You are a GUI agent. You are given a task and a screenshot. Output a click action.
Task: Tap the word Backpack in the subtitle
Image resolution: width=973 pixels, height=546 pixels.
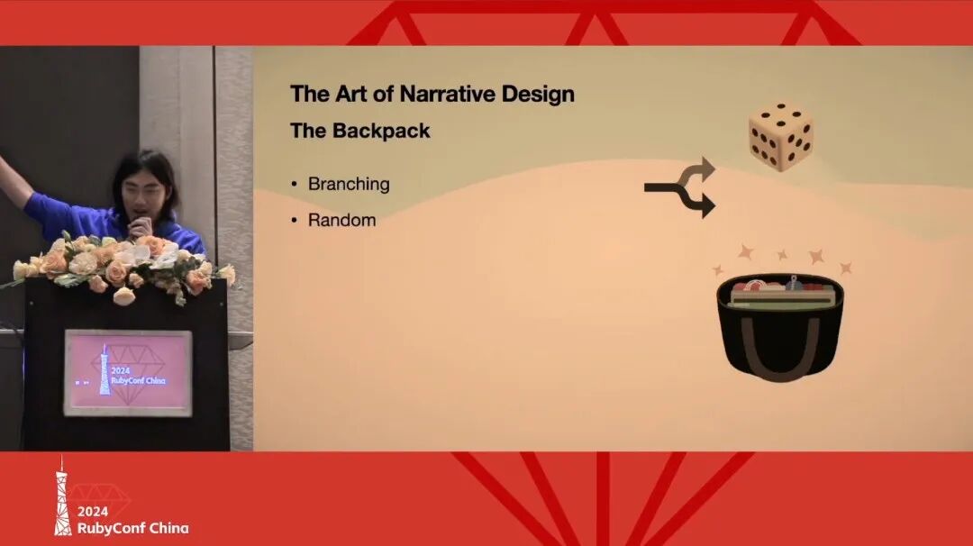[x=381, y=131]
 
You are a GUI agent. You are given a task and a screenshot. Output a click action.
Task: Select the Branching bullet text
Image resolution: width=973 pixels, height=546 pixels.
[x=349, y=185]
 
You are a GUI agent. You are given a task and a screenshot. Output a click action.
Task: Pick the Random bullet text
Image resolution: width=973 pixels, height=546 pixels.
[x=342, y=220]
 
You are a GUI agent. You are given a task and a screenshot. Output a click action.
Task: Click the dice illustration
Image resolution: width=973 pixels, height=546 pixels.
[x=780, y=137]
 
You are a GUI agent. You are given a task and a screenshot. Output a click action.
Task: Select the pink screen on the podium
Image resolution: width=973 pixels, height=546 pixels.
[x=128, y=373]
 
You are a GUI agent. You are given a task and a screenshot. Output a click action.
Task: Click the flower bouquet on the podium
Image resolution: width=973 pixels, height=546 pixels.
[x=121, y=266]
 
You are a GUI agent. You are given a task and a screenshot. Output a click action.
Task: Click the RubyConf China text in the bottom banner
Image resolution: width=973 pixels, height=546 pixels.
[x=132, y=528]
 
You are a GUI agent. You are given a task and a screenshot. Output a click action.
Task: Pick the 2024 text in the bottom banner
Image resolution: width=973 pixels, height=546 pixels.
[x=93, y=512]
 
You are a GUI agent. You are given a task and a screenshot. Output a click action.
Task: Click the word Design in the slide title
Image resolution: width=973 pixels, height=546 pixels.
[x=538, y=94]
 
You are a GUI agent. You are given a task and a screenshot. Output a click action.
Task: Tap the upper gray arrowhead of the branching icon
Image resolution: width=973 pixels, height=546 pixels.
[x=706, y=168]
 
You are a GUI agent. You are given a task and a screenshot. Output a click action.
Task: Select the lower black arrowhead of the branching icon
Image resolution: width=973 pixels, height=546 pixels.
[x=707, y=205]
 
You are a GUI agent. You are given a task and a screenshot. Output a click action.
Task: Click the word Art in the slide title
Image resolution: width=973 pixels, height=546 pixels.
[x=350, y=94]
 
